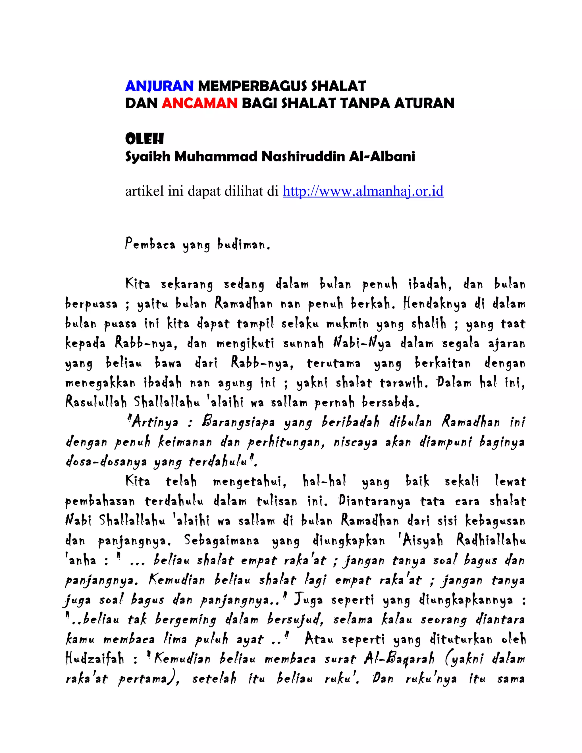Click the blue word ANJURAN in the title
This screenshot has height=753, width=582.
[159, 86]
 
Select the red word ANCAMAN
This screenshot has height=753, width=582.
[199, 103]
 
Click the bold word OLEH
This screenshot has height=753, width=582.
[144, 139]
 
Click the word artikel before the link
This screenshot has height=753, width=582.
[144, 191]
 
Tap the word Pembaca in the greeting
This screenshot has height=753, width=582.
[150, 244]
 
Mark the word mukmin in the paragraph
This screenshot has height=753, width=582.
[347, 324]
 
